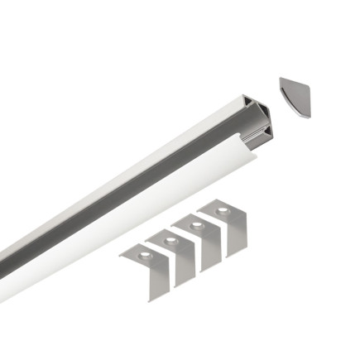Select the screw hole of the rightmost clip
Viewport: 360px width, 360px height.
pos(222,211)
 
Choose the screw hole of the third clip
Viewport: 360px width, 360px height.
pos(196,225)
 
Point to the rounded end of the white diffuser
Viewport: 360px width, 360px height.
pos(250,152)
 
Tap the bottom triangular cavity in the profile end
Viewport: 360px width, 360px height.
pos(266,133)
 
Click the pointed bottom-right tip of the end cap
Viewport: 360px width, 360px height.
pos(310,116)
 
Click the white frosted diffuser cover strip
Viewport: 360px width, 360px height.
pos(124,223)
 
